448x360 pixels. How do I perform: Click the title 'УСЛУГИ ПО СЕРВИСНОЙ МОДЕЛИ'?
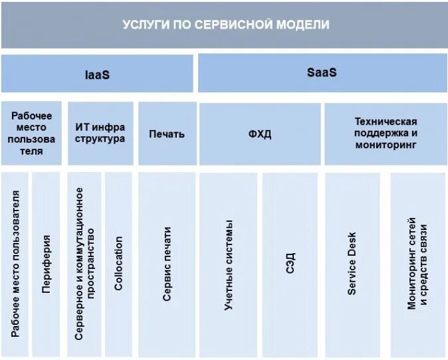point(226,25)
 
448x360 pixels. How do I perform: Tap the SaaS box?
point(322,72)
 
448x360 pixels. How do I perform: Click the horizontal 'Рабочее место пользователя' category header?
point(31,133)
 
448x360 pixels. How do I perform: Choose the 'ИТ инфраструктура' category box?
point(100,133)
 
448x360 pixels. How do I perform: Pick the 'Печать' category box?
point(167,134)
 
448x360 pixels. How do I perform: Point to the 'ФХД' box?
point(260,134)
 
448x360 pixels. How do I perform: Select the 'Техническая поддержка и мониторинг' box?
point(386,133)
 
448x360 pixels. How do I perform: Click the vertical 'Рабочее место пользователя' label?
point(15,264)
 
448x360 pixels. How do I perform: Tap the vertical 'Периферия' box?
point(47,264)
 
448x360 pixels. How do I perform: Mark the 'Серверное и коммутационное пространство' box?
point(84,264)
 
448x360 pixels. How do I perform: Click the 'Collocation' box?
point(119,264)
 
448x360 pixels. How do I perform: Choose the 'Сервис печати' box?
point(167,264)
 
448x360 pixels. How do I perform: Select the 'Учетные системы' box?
point(228,264)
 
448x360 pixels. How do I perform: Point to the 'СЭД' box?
point(290,264)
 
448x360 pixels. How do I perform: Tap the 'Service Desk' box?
point(352,264)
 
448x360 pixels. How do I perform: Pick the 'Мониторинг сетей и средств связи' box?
point(417,264)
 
